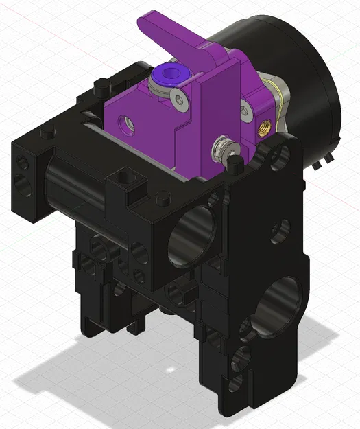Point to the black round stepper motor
tap(295, 76)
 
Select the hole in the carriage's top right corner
tap(279, 157)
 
